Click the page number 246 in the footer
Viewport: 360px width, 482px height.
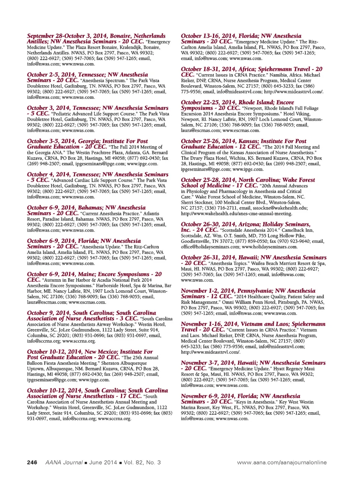click(x=32, y=462)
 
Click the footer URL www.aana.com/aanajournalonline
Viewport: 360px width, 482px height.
click(x=282, y=462)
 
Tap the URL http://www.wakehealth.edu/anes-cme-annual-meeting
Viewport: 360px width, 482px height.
click(x=236, y=214)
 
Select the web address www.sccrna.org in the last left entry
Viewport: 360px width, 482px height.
click(x=114, y=419)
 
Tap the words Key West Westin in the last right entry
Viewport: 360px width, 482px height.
click(x=297, y=402)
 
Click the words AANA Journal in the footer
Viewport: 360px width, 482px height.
click(x=64, y=462)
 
